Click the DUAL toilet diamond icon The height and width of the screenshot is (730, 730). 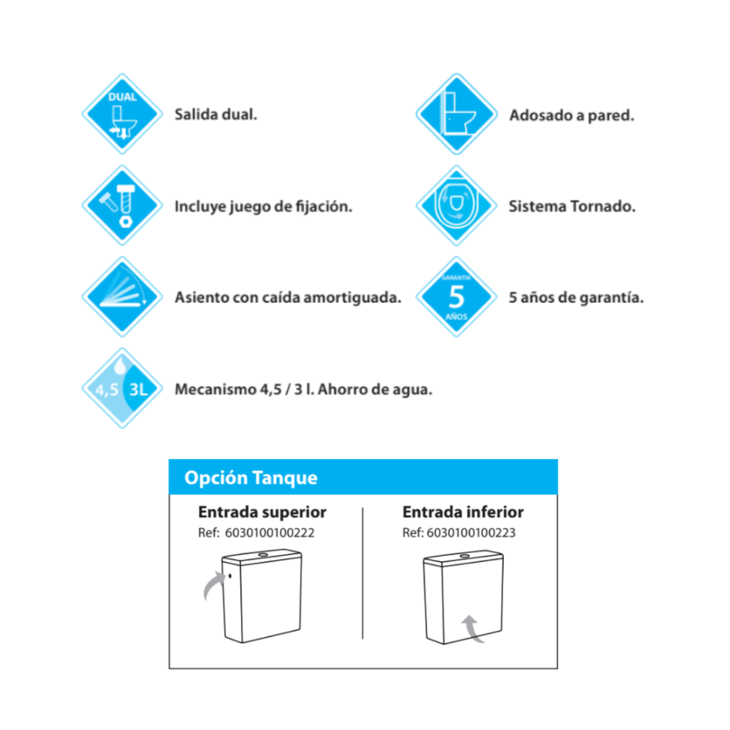point(122,114)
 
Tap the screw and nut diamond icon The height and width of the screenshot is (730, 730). point(122,205)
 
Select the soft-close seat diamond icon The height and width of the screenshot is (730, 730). point(122,297)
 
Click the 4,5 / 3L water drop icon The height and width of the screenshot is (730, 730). point(122,388)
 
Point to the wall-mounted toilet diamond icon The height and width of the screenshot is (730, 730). point(456,114)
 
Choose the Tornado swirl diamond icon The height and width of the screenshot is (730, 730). point(456,205)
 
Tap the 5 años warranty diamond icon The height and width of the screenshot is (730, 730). point(456,297)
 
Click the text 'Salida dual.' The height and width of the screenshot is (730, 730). point(215,114)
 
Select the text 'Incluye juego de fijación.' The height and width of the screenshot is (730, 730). point(263,207)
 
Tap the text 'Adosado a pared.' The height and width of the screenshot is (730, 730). point(571,115)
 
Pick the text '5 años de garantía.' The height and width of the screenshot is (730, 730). point(575,297)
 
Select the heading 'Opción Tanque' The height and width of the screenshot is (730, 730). point(251,478)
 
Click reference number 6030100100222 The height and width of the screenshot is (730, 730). point(269,533)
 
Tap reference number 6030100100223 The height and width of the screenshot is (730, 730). point(471,533)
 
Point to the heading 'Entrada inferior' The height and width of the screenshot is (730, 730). point(463,512)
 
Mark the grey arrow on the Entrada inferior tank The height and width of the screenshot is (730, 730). point(472,628)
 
